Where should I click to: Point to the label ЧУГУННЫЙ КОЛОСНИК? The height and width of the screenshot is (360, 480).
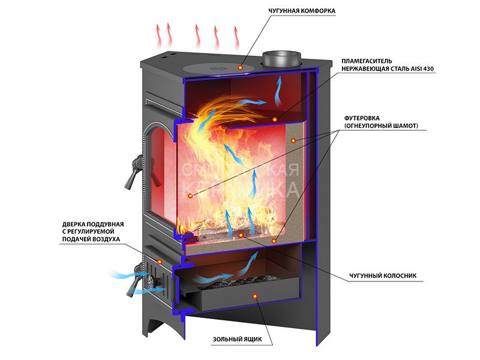click(x=382, y=277)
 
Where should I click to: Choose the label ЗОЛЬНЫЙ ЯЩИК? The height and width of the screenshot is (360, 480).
click(x=237, y=339)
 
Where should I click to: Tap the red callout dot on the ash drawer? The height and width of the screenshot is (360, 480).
click(x=255, y=296)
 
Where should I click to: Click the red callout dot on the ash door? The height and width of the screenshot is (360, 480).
click(x=160, y=262)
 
